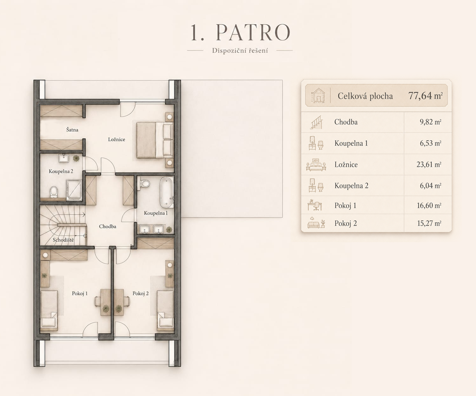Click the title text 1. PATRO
(x=240, y=32)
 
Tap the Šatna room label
(x=72, y=130)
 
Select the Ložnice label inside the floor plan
(x=117, y=140)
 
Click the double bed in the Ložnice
(x=155, y=140)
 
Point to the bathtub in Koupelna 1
(x=167, y=193)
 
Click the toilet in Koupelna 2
(x=54, y=192)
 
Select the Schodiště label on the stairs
(x=63, y=240)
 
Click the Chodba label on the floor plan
(x=107, y=226)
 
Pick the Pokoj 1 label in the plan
(x=80, y=293)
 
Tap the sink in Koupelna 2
(x=64, y=158)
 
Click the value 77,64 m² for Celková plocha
(x=425, y=96)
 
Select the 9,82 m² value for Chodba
(x=430, y=122)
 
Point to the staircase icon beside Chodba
(x=316, y=122)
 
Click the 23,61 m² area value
(x=429, y=165)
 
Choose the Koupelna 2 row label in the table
(x=351, y=186)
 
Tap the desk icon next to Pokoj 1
(x=314, y=205)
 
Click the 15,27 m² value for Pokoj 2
(x=429, y=223)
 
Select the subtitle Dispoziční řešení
(x=240, y=51)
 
